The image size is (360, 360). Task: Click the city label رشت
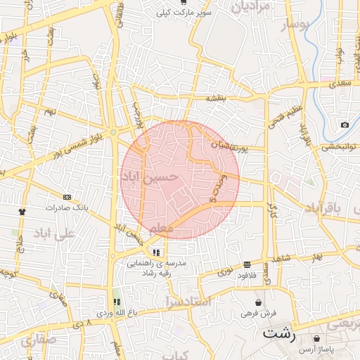[278, 333]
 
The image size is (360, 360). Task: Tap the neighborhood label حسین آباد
[150, 178]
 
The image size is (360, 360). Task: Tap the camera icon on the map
[345, 125]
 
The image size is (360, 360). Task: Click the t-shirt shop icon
[22, 210]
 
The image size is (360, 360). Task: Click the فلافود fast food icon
[247, 264]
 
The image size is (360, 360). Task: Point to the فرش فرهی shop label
[258, 312]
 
